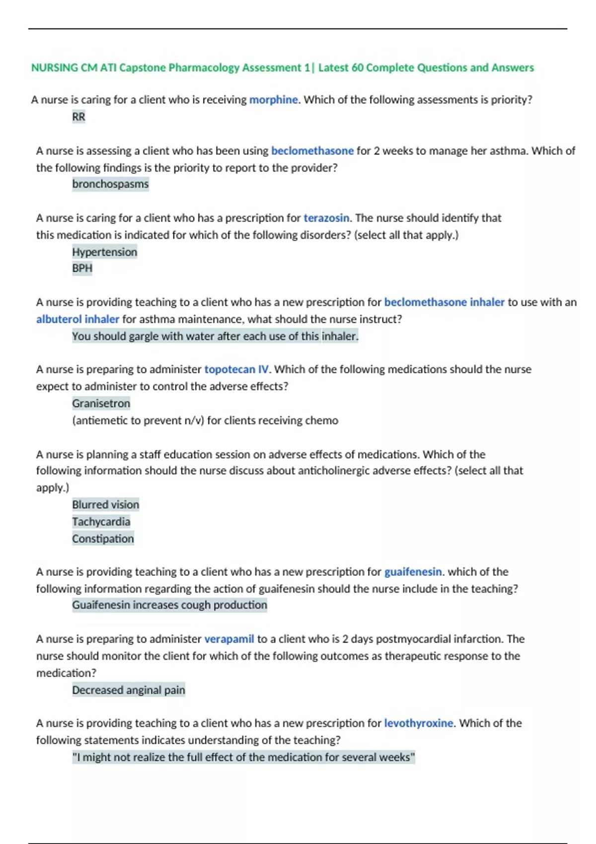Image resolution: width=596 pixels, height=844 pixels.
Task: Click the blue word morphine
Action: pyautogui.click(x=273, y=100)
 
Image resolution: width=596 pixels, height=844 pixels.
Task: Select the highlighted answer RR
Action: pyautogui.click(x=78, y=117)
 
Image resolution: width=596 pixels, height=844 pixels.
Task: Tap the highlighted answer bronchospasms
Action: pyautogui.click(x=110, y=184)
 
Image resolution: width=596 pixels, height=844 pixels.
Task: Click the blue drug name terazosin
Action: pyautogui.click(x=326, y=218)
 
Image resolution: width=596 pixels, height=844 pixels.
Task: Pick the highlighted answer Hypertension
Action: pyautogui.click(x=104, y=252)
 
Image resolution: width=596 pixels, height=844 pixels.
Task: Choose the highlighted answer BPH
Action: pyautogui.click(x=82, y=268)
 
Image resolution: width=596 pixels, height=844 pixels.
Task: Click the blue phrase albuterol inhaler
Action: pyautogui.click(x=77, y=319)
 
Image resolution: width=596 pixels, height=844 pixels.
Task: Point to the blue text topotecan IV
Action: pyautogui.click(x=236, y=369)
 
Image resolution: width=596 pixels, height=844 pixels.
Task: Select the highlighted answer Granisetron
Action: pyautogui.click(x=101, y=403)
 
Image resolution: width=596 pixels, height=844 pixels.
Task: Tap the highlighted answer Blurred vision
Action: pyautogui.click(x=105, y=504)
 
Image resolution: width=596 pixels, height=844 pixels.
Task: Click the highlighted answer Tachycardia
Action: pyautogui.click(x=101, y=522)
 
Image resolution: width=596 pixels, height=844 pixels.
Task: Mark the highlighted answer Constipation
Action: pyautogui.click(x=103, y=539)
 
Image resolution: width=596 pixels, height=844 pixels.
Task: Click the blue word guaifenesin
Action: pyautogui.click(x=413, y=572)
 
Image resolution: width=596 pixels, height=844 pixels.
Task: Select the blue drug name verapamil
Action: pyautogui.click(x=229, y=639)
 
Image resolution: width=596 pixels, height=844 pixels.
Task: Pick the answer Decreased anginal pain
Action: pyautogui.click(x=128, y=690)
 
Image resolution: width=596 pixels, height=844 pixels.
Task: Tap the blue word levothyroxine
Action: pyautogui.click(x=418, y=723)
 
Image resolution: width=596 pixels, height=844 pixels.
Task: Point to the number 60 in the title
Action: pyautogui.click(x=357, y=68)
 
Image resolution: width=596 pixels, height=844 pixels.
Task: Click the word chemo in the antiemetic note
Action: pyautogui.click(x=321, y=421)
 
